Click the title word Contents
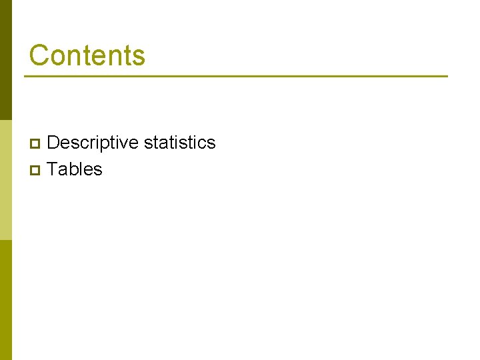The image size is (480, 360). tap(87, 55)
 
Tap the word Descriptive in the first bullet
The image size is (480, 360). tap(93, 143)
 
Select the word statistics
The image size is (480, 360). tap(180, 143)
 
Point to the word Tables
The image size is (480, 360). tap(75, 169)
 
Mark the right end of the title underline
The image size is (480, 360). tap(446, 76)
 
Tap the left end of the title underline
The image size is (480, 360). tap(26, 76)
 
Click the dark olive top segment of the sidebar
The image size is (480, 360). tap(5, 60)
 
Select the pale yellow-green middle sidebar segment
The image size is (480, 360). tap(5, 180)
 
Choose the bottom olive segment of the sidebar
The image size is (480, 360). tap(5, 300)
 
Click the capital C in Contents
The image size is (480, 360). tap(39, 55)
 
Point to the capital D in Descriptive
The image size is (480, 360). tap(54, 143)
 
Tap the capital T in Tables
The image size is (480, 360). tap(53, 169)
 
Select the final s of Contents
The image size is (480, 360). tap(139, 57)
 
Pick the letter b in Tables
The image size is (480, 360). tap(74, 169)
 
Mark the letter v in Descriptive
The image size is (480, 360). tap(125, 144)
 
